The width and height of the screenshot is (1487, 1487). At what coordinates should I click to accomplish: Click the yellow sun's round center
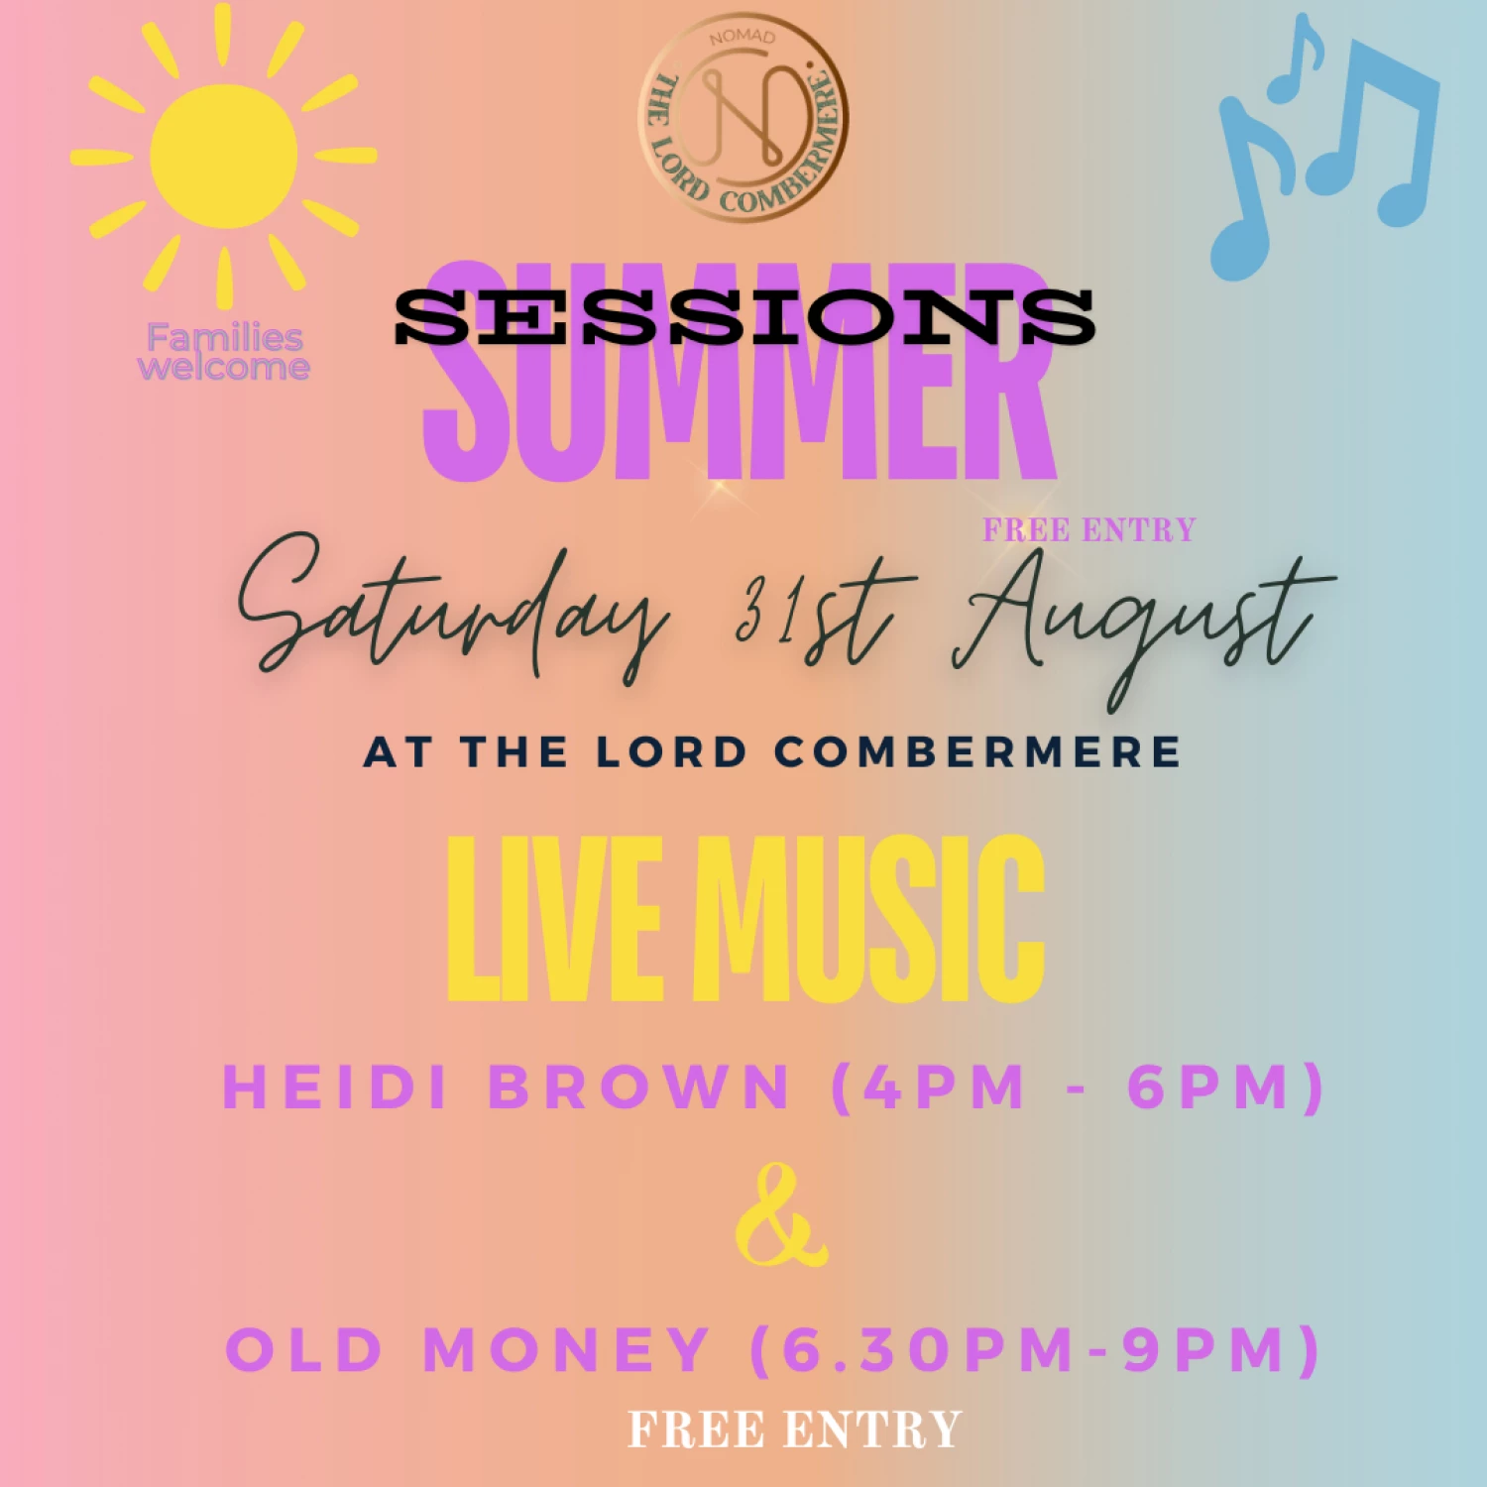point(224,156)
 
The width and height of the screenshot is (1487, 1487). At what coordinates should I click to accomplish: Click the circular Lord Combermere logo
point(743,117)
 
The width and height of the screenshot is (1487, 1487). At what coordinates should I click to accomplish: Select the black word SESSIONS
point(743,317)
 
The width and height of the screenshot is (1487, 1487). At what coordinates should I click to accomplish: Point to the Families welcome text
point(224,352)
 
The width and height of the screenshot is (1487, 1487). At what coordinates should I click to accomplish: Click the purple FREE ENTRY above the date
point(1088,530)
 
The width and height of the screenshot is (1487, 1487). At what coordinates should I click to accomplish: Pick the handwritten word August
point(1140,620)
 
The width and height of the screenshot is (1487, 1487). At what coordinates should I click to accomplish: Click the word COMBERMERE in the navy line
point(976,751)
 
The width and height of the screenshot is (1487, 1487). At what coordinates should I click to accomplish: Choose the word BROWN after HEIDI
point(639,1087)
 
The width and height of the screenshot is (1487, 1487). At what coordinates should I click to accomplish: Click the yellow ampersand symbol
point(780,1216)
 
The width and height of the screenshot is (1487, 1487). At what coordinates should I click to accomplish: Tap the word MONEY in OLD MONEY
point(566,1349)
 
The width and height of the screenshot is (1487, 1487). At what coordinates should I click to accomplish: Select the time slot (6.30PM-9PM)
point(1035,1349)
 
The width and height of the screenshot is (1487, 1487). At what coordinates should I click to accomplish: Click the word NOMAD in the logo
point(742,37)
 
